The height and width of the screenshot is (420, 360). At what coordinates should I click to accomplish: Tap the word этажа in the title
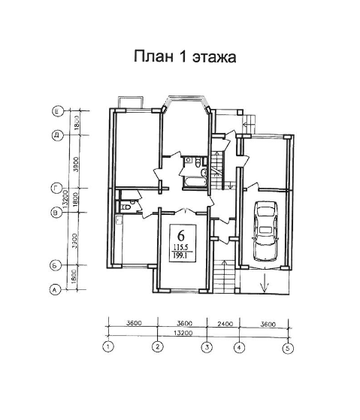point(215,57)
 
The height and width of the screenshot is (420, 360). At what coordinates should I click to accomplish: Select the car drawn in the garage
point(265,230)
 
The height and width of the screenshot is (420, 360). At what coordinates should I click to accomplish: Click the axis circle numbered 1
point(109,348)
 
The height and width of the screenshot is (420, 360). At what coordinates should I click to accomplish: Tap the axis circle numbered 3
point(206,348)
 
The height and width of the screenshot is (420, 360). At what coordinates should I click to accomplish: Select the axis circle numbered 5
point(287,348)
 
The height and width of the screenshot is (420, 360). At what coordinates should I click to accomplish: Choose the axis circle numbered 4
point(238,348)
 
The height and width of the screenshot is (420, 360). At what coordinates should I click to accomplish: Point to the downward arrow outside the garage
point(264,285)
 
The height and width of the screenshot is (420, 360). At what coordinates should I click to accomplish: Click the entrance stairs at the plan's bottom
point(222,276)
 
